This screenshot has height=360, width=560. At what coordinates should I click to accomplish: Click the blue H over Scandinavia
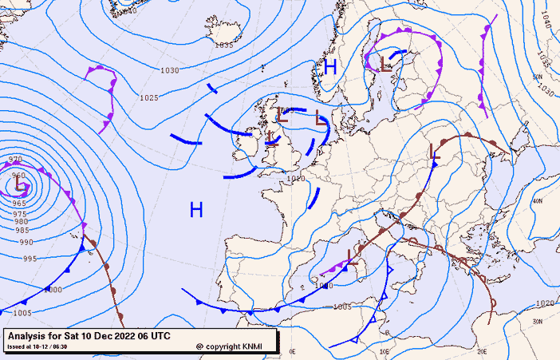(329, 67)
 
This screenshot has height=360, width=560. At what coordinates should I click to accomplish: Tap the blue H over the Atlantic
(196, 210)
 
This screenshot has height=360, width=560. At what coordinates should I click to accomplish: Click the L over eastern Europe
(435, 152)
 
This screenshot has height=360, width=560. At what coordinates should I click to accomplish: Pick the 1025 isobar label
(148, 98)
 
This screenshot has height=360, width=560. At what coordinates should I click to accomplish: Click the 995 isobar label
(30, 259)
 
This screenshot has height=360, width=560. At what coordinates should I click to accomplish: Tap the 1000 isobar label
(53, 289)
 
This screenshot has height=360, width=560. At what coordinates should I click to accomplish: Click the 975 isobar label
(19, 214)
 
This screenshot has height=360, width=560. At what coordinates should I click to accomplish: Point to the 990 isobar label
(26, 242)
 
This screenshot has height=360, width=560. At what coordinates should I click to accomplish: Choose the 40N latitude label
(537, 201)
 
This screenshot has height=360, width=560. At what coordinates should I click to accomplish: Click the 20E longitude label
(481, 350)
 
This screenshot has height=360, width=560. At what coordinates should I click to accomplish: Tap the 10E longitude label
(384, 350)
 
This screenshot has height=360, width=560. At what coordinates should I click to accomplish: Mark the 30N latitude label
(537, 321)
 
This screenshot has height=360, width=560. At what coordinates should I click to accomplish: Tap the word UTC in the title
(159, 335)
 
